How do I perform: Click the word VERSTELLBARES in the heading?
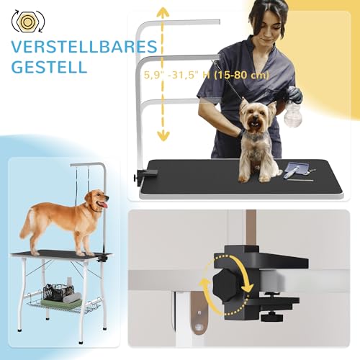pyautogui.click(x=84, y=48)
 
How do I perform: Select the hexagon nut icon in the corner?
pyautogui.click(x=26, y=19)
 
